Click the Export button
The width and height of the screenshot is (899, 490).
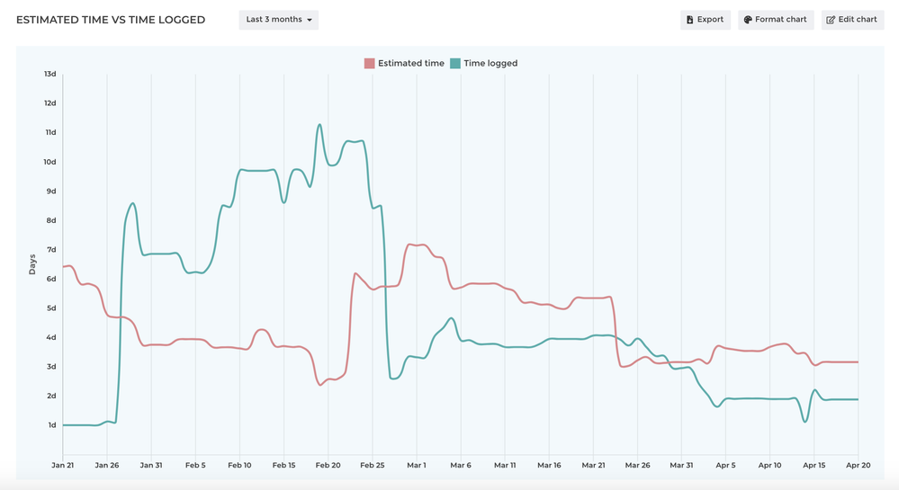click(x=705, y=20)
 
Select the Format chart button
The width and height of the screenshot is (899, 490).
click(x=776, y=20)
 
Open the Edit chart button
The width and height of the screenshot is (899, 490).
click(x=851, y=20)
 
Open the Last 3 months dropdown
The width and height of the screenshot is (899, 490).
click(x=279, y=20)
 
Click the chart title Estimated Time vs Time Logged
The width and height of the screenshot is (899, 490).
click(x=111, y=20)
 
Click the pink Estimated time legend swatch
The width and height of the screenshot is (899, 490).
click(x=369, y=64)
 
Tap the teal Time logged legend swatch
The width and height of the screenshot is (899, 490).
click(x=455, y=64)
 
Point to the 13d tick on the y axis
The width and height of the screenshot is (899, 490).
click(x=50, y=74)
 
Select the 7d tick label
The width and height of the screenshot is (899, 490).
click(x=50, y=250)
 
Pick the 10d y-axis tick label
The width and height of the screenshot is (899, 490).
click(x=50, y=162)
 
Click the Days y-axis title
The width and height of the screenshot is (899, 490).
click(x=32, y=264)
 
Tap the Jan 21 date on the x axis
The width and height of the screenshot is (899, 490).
click(x=63, y=466)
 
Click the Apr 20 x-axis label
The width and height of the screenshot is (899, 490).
click(x=858, y=466)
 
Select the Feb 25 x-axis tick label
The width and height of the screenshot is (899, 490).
click(x=373, y=466)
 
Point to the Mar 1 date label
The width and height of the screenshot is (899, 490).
click(x=417, y=466)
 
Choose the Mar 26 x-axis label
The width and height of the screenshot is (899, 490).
click(x=637, y=466)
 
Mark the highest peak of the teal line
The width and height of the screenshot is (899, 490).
click(x=319, y=125)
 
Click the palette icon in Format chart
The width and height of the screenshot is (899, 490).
click(x=748, y=20)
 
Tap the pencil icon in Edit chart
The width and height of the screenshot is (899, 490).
click(x=831, y=20)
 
